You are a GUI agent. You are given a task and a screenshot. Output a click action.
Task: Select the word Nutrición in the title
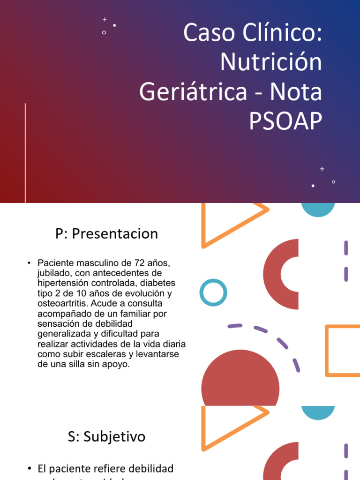271,62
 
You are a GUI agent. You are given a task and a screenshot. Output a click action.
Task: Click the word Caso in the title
207,33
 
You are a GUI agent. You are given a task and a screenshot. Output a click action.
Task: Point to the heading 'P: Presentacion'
106,234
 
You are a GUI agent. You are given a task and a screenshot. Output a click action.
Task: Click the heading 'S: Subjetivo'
106,437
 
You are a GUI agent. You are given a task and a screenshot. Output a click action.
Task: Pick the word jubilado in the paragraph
54,273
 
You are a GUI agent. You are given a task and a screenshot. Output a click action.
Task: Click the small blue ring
213,293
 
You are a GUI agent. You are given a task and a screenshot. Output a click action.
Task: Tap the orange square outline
343,351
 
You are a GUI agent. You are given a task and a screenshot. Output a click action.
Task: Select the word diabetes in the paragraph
157,283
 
